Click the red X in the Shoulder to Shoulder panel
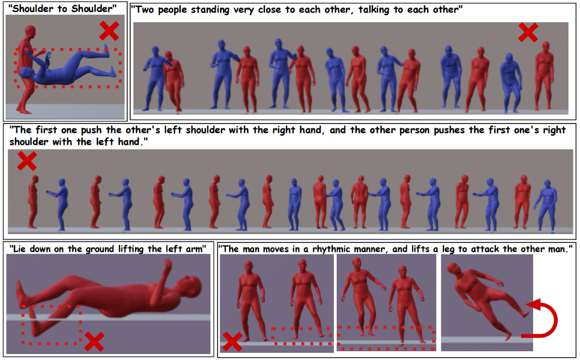click(109, 31)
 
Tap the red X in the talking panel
click(528, 33)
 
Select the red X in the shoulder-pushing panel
click(27, 161)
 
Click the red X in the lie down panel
click(94, 341)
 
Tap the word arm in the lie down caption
click(198, 249)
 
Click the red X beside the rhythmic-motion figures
click(232, 341)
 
